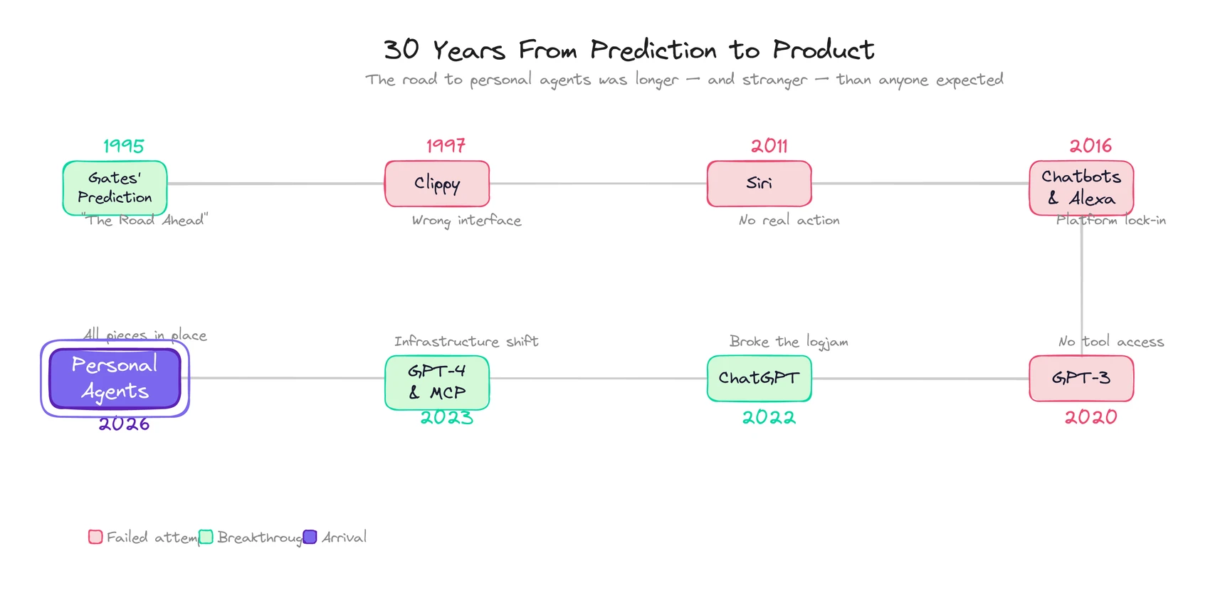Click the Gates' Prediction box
[115, 188]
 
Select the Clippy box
[437, 184]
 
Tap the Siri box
[759, 184]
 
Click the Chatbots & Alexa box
[1081, 188]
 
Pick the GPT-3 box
[1081, 378]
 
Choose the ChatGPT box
[759, 378]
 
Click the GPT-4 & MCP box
[437, 382]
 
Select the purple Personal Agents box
[115, 378]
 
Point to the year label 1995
[124, 146]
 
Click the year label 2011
[769, 146]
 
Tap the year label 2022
[769, 417]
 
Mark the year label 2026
[124, 424]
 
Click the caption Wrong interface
[466, 221]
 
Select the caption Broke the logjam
[788, 342]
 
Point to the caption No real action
[789, 221]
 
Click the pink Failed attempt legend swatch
[95, 537]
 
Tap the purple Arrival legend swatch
[310, 537]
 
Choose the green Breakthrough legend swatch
[206, 537]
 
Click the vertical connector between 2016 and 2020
[1081, 285]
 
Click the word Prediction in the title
[653, 50]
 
